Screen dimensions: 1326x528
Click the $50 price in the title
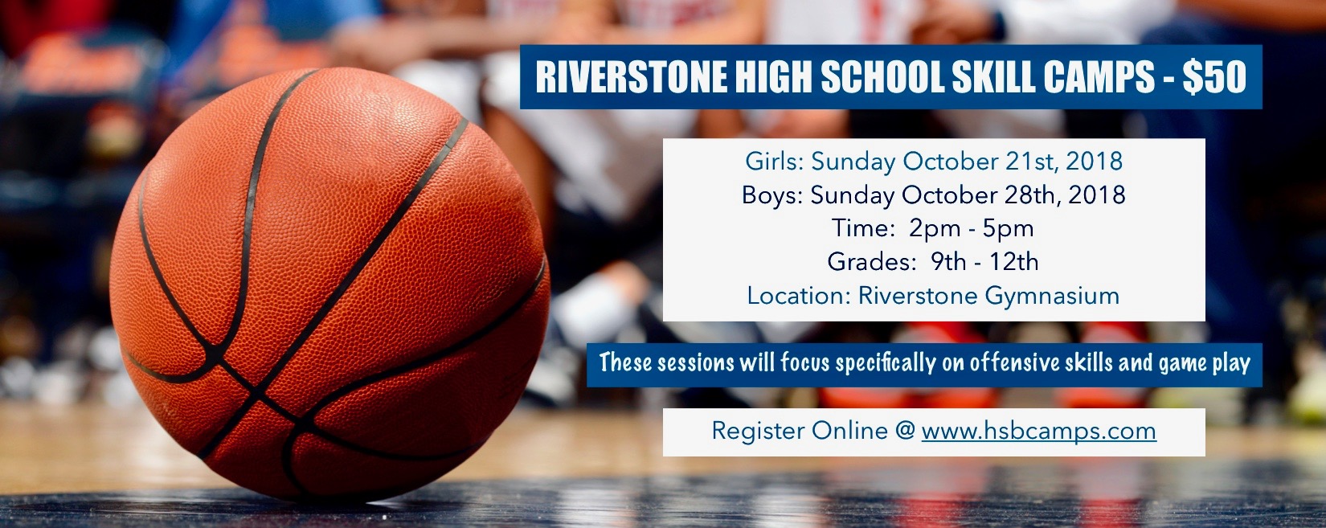(x=1215, y=77)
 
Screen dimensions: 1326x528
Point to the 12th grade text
(x=1015, y=262)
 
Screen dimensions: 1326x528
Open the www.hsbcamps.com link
(x=1039, y=431)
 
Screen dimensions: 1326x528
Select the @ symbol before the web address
(x=905, y=432)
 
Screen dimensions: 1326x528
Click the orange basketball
(x=329, y=284)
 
